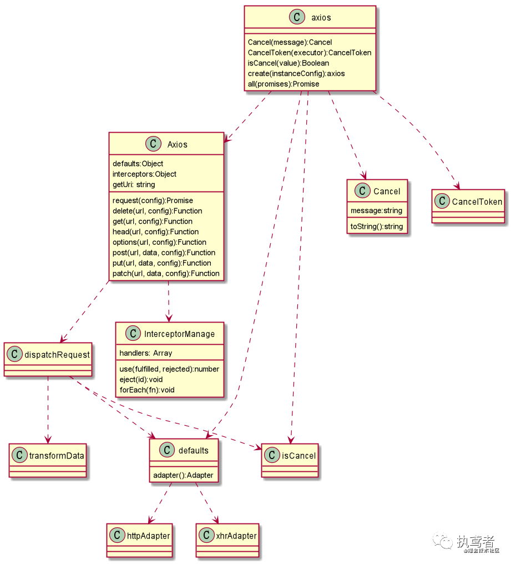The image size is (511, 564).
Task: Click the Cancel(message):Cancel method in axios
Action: click(x=290, y=42)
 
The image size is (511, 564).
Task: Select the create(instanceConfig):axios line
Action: click(x=296, y=73)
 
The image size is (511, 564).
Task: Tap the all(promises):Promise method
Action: click(x=284, y=84)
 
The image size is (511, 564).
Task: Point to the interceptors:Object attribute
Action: click(x=144, y=174)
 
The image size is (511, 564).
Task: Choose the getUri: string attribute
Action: click(x=134, y=184)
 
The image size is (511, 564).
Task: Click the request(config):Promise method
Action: click(x=153, y=200)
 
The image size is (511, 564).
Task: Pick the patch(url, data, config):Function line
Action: click(x=166, y=274)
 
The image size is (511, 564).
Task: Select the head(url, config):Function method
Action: click(x=155, y=231)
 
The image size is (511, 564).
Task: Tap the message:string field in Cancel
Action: click(x=376, y=211)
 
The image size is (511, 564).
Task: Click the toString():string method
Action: click(x=376, y=227)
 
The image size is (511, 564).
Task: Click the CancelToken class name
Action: click(x=477, y=202)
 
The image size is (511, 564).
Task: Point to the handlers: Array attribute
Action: click(x=146, y=353)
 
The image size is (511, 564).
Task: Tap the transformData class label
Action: click(x=57, y=456)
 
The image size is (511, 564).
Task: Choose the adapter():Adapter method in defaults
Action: click(x=183, y=476)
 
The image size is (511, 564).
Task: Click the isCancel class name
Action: click(x=299, y=456)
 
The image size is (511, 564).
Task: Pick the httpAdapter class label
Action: click(x=148, y=536)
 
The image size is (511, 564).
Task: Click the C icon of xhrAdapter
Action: click(x=206, y=536)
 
